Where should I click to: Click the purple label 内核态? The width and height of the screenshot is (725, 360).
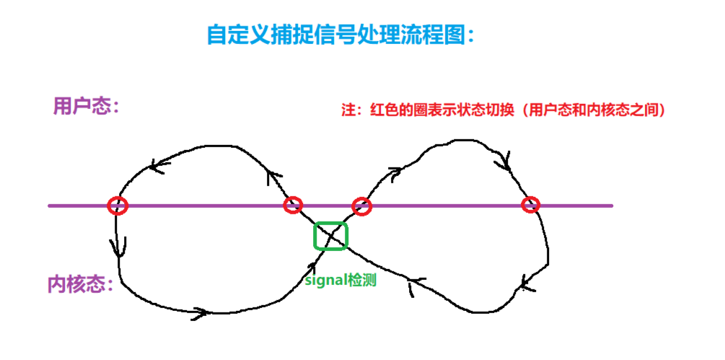click(75, 284)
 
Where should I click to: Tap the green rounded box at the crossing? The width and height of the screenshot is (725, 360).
click(331, 236)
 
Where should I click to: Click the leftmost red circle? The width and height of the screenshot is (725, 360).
click(118, 206)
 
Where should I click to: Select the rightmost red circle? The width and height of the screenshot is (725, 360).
click(531, 205)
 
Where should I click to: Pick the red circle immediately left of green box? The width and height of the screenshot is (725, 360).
click(292, 205)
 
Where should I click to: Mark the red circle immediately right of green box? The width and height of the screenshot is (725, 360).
click(361, 206)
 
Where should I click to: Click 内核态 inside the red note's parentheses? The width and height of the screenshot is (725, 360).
click(605, 110)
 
